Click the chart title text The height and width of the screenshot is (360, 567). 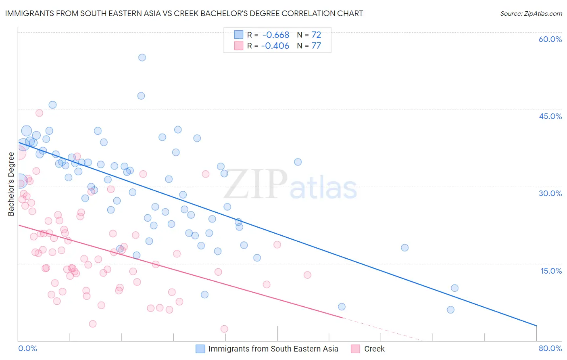coord(184,13)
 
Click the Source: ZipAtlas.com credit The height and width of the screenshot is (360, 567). coord(531,13)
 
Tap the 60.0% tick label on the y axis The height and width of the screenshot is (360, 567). coord(550,39)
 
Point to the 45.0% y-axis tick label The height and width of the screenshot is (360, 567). coord(550,116)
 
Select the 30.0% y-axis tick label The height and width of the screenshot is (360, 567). coord(550,193)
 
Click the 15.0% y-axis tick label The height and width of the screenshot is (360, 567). coord(551,271)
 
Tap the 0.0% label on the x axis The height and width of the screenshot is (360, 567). coord(27,348)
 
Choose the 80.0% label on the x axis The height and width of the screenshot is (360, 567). coord(550,348)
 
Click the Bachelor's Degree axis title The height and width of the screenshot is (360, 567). coord(11,184)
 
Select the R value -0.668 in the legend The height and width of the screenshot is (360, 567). coord(275,35)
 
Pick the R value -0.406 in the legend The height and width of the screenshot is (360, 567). coord(275,46)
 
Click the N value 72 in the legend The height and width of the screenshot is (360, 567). coord(316,35)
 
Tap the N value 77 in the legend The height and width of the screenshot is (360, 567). coord(316,46)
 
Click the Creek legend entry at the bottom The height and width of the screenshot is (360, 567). coord(374,349)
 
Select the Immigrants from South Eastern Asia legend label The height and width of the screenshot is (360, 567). coord(273,349)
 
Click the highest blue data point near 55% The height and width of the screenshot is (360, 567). coord(142,57)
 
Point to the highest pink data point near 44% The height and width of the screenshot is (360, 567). coord(39,113)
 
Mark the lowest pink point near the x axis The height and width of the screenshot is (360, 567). coord(224,329)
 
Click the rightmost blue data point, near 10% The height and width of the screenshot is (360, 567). coord(454,288)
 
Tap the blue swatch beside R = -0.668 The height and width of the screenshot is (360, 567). coord(239,35)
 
